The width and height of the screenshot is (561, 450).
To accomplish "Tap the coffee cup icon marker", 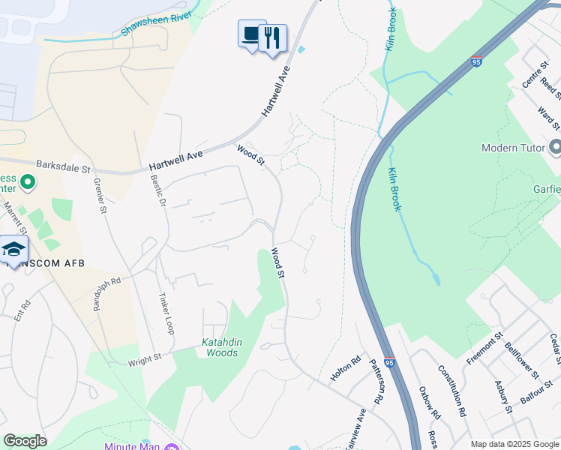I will point(251,34).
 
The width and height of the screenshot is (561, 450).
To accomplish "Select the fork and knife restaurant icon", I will point(272,37).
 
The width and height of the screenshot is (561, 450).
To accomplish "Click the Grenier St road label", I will point(100,196).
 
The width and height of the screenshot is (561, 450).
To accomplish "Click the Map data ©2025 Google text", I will point(514,444).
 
